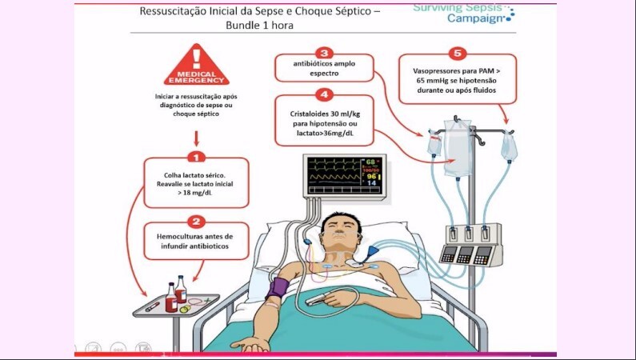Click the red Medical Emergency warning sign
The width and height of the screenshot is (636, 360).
196,66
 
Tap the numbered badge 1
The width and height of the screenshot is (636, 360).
197,158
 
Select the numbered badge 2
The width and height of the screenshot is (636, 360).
197,221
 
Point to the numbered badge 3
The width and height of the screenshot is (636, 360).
324,52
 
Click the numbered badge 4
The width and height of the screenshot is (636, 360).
324,94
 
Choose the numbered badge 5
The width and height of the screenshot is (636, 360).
458,54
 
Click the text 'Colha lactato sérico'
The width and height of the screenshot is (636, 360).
196,175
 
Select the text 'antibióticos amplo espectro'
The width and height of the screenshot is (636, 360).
323,68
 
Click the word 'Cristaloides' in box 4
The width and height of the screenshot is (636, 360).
308,114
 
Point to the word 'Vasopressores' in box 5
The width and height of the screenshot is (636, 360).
433,70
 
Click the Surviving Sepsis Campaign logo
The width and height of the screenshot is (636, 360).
463,12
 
